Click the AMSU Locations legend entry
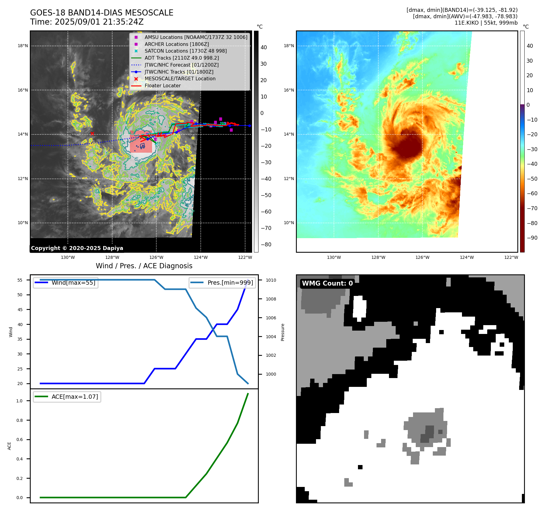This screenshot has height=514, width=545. tap(196, 37)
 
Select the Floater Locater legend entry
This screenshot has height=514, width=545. tap(162, 85)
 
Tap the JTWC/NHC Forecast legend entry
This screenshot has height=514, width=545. tap(181, 65)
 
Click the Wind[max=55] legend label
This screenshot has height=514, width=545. tap(73, 283)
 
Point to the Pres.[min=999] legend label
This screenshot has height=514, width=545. tap(230, 283)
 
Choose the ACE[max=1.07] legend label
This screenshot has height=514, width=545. tap(75, 397)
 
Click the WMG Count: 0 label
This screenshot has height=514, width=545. tap(327, 283)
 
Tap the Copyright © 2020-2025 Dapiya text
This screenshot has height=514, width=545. tap(77, 248)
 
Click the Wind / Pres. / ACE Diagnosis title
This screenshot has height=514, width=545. tap(144, 266)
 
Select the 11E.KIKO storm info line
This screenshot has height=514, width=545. tap(486, 23)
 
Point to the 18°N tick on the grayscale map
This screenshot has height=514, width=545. tap(23, 46)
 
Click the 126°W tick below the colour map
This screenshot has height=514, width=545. tap(422, 257)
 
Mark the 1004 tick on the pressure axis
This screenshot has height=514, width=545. tap(271, 337)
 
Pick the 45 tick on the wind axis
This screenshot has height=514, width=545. tap(20, 310)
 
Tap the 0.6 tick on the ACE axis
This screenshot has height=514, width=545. tap(19, 439)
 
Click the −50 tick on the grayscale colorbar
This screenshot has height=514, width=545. tap(266, 195)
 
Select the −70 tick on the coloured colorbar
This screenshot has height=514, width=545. tap(532, 208)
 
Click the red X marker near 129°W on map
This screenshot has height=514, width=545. tap(92, 134)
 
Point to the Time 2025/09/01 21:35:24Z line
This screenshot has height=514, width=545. tap(87, 22)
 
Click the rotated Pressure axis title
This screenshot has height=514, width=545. tap(283, 332)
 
